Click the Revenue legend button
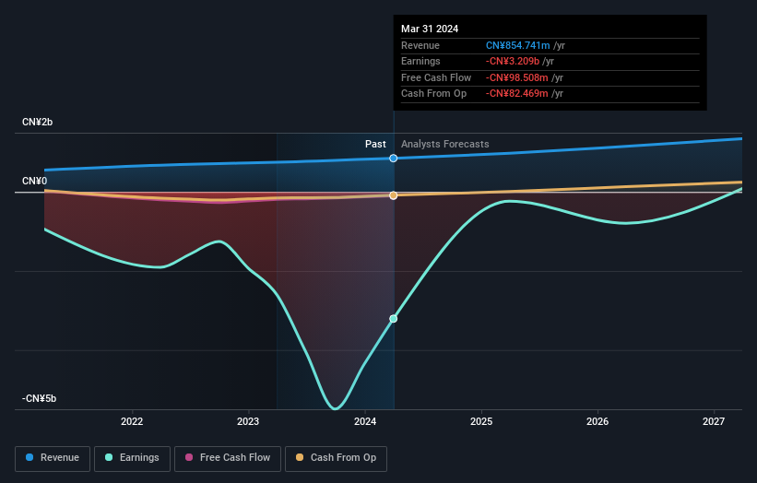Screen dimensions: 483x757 click(53, 457)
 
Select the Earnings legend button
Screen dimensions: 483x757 click(132, 457)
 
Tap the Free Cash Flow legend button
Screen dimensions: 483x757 click(226, 457)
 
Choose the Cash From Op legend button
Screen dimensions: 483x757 click(337, 457)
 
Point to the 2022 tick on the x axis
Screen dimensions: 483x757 click(132, 422)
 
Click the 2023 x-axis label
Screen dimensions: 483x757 click(248, 422)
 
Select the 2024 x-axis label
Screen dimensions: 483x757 click(365, 422)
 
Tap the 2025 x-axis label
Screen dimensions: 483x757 click(481, 422)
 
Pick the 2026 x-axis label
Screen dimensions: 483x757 click(597, 422)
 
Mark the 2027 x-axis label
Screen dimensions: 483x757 click(714, 422)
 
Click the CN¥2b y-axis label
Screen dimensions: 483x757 click(38, 123)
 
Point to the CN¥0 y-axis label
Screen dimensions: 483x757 click(35, 181)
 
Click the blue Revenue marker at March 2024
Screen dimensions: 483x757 click(394, 159)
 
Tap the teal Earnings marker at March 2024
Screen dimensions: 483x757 click(394, 319)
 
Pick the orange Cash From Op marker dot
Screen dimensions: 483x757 click(394, 195)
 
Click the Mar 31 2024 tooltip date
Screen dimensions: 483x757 click(430, 29)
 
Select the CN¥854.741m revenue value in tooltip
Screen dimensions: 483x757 click(519, 46)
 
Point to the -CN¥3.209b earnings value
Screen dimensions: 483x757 click(518, 62)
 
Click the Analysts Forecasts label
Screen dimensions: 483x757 click(444, 145)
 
